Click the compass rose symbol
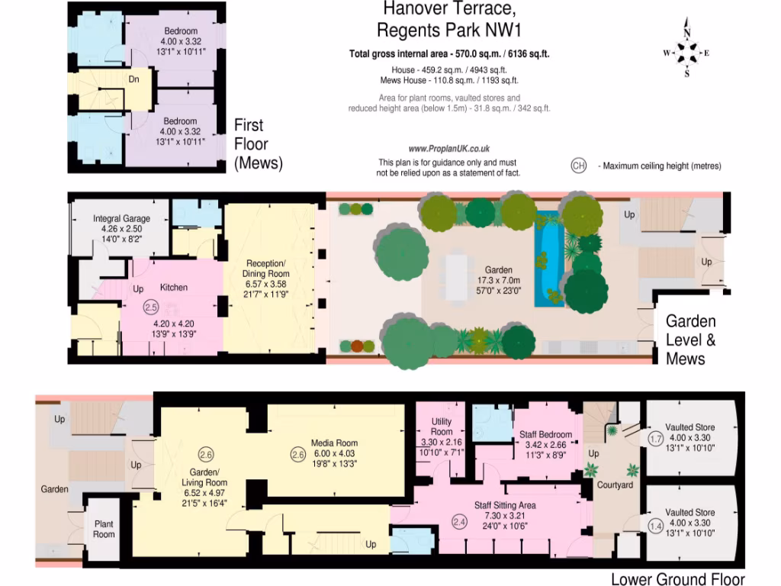coord(686,53)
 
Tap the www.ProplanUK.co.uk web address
coord(448,150)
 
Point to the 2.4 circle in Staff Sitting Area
coord(459,522)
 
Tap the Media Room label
coord(334,443)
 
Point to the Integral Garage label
coord(121,218)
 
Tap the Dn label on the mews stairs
coord(133,79)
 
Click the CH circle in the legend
coord(578,166)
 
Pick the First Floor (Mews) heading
coord(258,143)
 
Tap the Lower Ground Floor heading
coord(677,579)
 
